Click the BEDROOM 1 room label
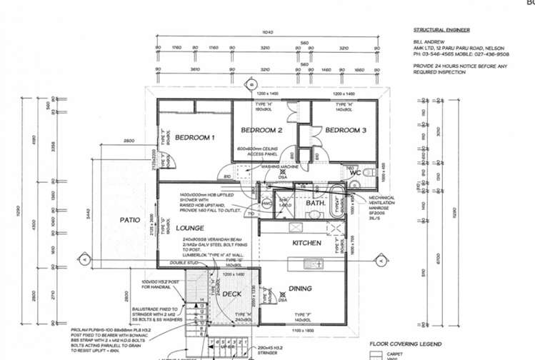tap(196, 137)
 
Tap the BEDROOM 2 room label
tap(261, 131)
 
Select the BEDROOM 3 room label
tap(346, 131)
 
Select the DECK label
tap(231, 294)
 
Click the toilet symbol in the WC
tap(367, 174)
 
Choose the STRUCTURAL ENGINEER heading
tap(436, 31)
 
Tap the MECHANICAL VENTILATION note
tap(386, 203)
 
